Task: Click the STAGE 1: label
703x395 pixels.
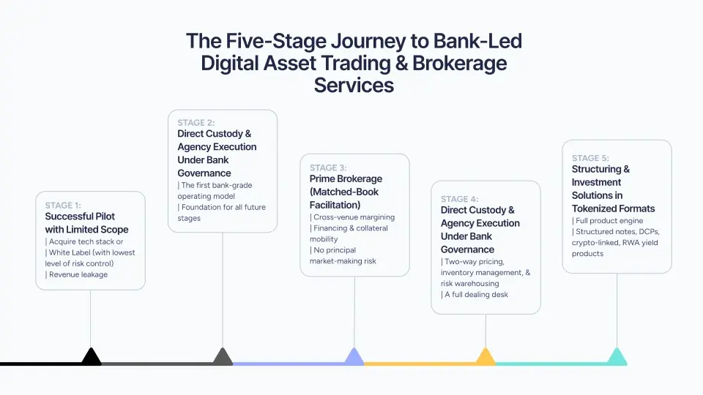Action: (x=64, y=206)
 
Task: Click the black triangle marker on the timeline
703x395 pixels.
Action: (x=91, y=358)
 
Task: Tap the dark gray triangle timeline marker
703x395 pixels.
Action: (x=223, y=358)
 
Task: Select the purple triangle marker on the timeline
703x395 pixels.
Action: (x=354, y=358)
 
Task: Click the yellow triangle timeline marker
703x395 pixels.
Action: (x=486, y=358)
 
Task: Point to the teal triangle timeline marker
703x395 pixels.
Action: (x=617, y=358)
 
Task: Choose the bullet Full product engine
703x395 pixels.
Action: (x=609, y=221)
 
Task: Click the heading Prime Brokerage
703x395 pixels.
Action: (x=346, y=178)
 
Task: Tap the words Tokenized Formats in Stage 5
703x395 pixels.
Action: (x=614, y=208)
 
